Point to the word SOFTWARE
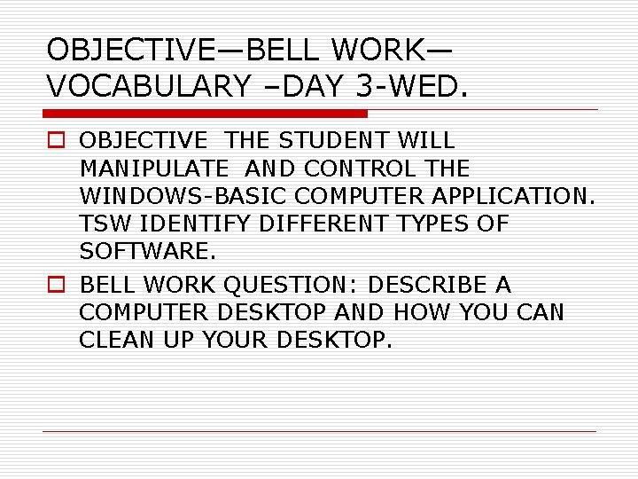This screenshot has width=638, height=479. (x=147, y=252)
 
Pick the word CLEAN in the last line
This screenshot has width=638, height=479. (x=114, y=340)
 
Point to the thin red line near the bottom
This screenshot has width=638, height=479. (x=319, y=432)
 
